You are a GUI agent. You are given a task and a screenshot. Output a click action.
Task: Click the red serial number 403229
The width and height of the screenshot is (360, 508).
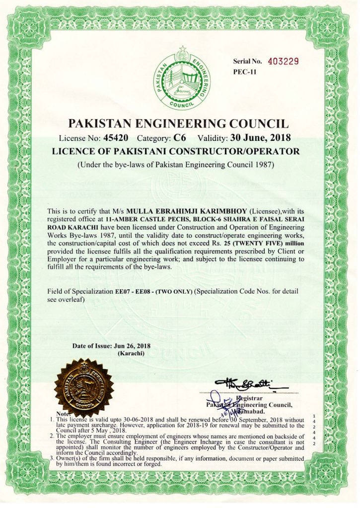click(x=283, y=62)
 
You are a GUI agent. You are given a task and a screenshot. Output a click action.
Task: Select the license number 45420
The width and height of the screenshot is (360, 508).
click(x=117, y=137)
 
